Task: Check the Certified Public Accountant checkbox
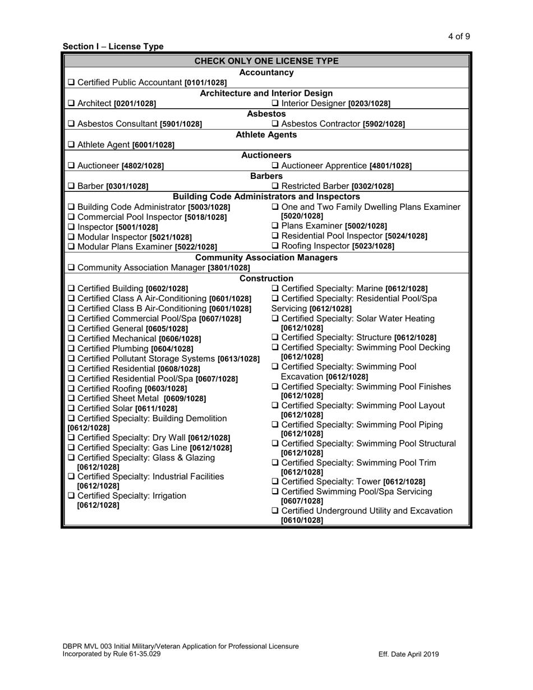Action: click(x=71, y=82)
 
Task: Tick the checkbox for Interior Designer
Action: click(x=275, y=103)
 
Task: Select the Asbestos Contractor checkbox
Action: click(x=275, y=124)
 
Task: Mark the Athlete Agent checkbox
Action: click(x=71, y=145)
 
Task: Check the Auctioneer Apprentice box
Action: click(x=275, y=165)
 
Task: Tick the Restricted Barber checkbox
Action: click(x=275, y=186)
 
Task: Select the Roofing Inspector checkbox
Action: click(x=275, y=246)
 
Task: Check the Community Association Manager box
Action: click(x=71, y=268)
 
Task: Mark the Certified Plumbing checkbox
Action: click(x=71, y=348)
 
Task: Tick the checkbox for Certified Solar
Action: click(x=71, y=408)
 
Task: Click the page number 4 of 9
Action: click(x=459, y=37)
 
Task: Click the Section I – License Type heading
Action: click(x=113, y=47)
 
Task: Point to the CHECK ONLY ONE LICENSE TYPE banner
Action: click(x=266, y=61)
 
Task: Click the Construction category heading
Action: click(x=266, y=278)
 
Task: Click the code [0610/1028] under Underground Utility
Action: click(x=302, y=521)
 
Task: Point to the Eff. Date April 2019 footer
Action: click(x=408, y=654)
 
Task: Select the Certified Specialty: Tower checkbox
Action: click(x=275, y=481)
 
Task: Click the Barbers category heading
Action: click(x=266, y=176)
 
